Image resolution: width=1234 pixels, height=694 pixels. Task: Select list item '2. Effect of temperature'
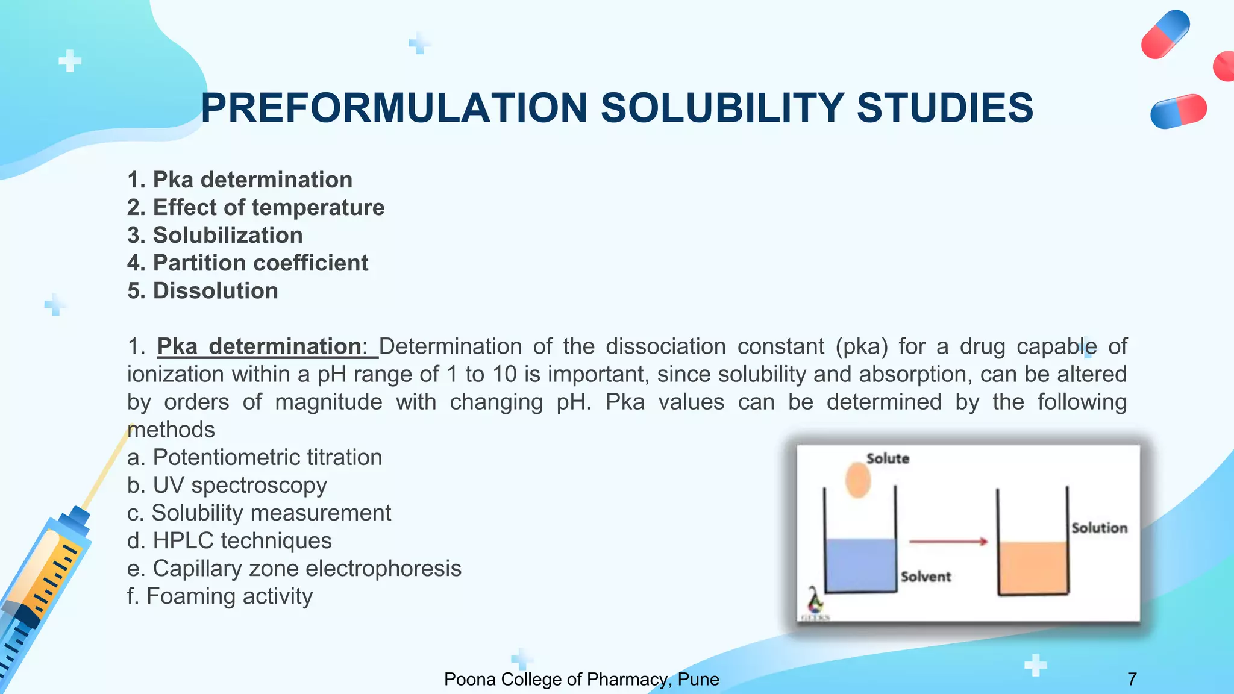(x=255, y=207)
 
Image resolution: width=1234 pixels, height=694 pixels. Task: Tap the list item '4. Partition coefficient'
(x=248, y=263)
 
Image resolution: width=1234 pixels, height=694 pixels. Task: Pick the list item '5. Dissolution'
(x=202, y=291)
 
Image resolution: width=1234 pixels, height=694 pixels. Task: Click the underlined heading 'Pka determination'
(x=259, y=346)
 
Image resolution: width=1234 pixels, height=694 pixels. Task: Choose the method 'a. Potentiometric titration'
(x=254, y=457)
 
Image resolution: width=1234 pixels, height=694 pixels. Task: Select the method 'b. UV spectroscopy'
(x=227, y=485)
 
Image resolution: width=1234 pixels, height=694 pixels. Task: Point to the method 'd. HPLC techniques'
(x=229, y=540)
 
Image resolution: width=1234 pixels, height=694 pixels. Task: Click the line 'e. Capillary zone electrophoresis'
(x=294, y=568)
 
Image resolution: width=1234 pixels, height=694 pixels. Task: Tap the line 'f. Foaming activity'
(x=220, y=596)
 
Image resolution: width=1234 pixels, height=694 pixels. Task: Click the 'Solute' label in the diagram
(x=888, y=458)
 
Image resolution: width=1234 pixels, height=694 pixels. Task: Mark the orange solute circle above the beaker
(x=858, y=480)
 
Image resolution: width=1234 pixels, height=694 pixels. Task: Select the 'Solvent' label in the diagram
(x=925, y=577)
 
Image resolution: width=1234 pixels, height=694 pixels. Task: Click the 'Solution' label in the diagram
(x=1099, y=528)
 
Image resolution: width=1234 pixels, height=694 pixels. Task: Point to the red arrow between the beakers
(x=948, y=542)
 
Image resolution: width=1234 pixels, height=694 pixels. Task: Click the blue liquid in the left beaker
(x=860, y=565)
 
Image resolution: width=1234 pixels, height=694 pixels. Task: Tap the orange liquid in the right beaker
(x=1033, y=567)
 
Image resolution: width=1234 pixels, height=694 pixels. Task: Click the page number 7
(x=1132, y=679)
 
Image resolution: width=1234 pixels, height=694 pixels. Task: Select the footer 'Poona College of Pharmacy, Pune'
(x=581, y=679)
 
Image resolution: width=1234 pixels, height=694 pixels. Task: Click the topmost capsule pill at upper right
(x=1165, y=34)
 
